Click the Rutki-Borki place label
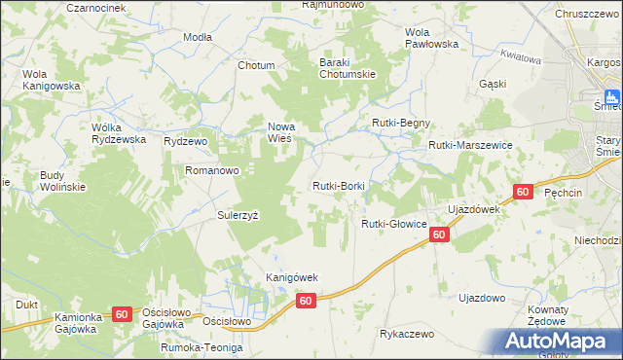tap(338, 185)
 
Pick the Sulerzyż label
tap(238, 215)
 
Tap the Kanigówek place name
tap(293, 277)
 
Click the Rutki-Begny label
tap(401, 123)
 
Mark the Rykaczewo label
tap(407, 333)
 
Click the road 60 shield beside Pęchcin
tap(524, 193)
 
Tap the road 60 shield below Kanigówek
tap(306, 302)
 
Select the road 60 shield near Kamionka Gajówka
tap(121, 313)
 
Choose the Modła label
tap(198, 36)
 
